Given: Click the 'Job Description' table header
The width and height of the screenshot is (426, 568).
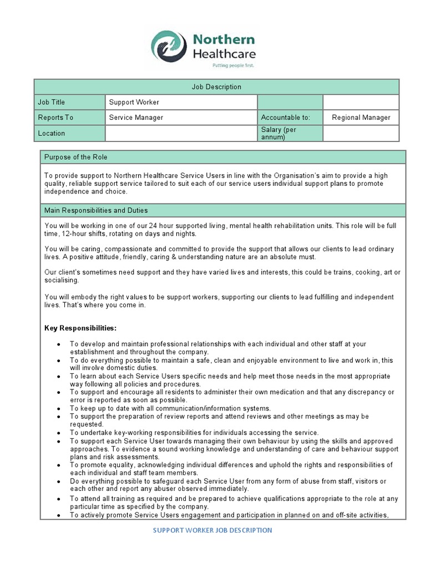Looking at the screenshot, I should (x=216, y=87).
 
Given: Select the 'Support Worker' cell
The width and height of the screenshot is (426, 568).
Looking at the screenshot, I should (x=134, y=102).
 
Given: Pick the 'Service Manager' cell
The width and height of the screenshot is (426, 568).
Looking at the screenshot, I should (x=136, y=118).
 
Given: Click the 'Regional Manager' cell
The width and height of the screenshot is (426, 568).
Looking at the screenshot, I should (x=361, y=118).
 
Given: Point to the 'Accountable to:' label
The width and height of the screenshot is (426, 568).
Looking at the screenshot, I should (x=285, y=118).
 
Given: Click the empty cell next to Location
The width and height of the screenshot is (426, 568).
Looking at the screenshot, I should (x=181, y=133).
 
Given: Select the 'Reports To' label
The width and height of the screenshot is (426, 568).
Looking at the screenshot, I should (x=55, y=118).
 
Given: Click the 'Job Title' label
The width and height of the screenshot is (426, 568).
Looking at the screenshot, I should (x=52, y=102).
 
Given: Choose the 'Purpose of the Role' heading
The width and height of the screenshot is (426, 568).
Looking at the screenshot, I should (x=76, y=157).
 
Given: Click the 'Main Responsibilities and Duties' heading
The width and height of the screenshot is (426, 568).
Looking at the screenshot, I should (x=96, y=210).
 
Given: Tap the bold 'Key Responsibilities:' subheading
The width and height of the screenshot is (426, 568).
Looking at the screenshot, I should (x=80, y=328).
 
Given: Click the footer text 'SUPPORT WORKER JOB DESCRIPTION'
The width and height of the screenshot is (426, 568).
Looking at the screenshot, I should (x=212, y=530).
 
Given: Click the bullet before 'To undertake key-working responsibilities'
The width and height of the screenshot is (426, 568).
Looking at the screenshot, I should (x=59, y=433).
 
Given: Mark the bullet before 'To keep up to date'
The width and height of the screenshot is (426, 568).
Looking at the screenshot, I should (x=59, y=408).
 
